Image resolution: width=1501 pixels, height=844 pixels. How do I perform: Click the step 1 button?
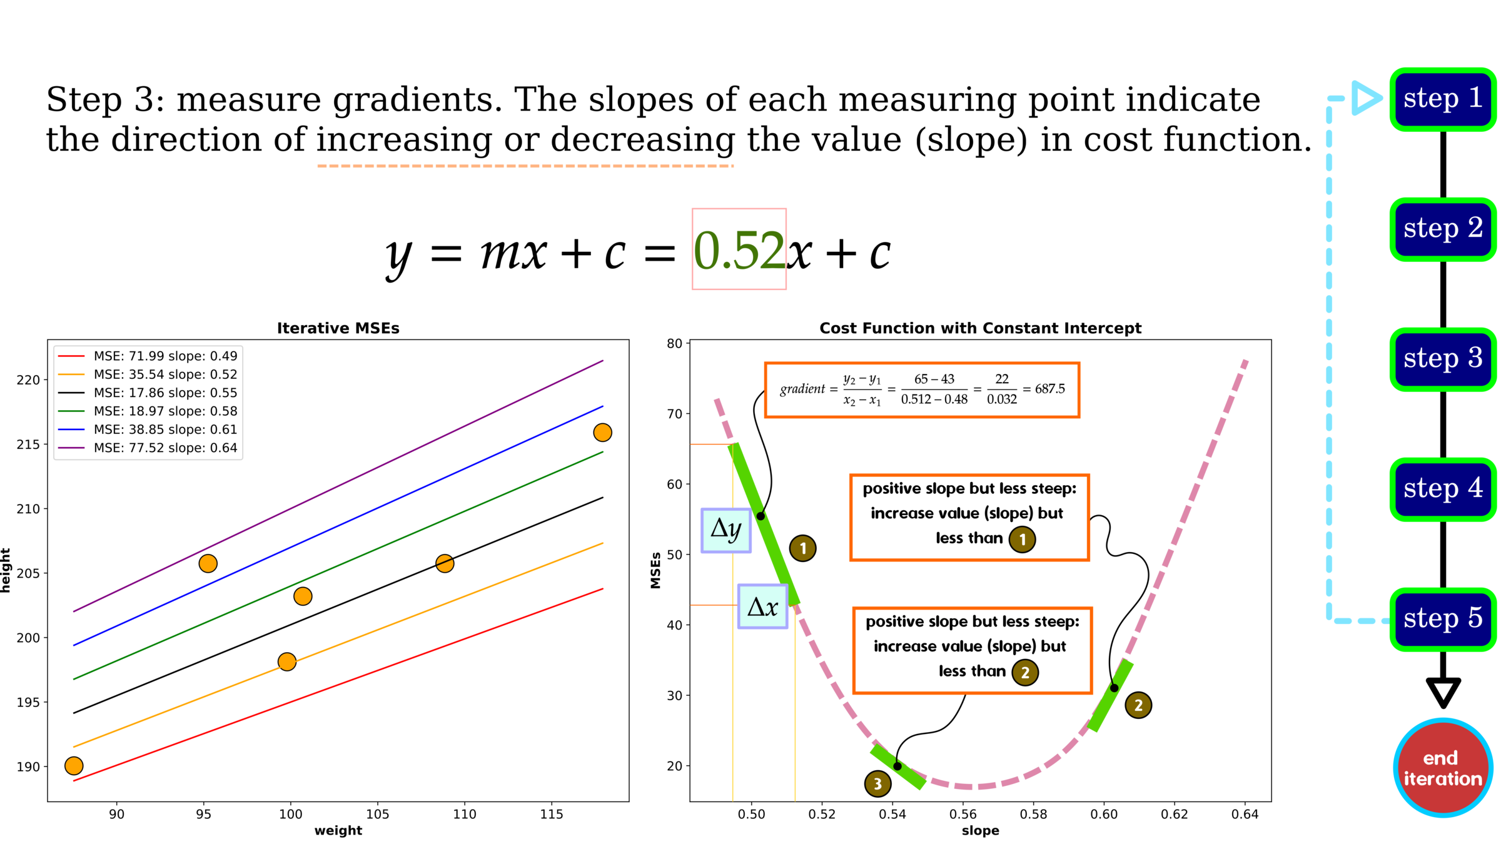pyautogui.click(x=1442, y=99)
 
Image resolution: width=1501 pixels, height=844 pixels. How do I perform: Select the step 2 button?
pyautogui.click(x=1442, y=229)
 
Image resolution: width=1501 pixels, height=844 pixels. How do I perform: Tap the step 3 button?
pyautogui.click(x=1442, y=359)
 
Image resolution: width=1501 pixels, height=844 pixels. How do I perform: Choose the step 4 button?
pyautogui.click(x=1442, y=490)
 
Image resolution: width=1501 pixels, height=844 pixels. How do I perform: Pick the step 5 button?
pyautogui.click(x=1442, y=620)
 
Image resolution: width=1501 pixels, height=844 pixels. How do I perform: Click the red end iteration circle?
pyautogui.click(x=1443, y=768)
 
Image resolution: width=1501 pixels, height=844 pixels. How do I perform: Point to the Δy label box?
pyautogui.click(x=725, y=530)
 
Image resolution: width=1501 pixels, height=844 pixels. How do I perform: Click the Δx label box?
pyautogui.click(x=762, y=606)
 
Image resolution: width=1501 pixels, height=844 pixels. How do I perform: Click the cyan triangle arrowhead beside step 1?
pyautogui.click(x=1367, y=98)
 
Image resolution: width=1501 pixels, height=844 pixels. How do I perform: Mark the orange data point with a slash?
pyautogui.click(x=445, y=563)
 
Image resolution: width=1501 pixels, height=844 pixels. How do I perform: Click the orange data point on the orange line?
pyautogui.click(x=287, y=661)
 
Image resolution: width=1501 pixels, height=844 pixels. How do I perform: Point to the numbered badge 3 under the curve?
pyautogui.click(x=877, y=783)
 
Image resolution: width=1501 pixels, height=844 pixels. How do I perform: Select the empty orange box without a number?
pyautogui.click(x=922, y=389)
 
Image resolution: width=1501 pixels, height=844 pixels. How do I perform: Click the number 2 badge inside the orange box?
pyautogui.click(x=1025, y=673)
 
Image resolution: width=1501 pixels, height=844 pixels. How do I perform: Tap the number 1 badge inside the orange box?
pyautogui.click(x=1022, y=540)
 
